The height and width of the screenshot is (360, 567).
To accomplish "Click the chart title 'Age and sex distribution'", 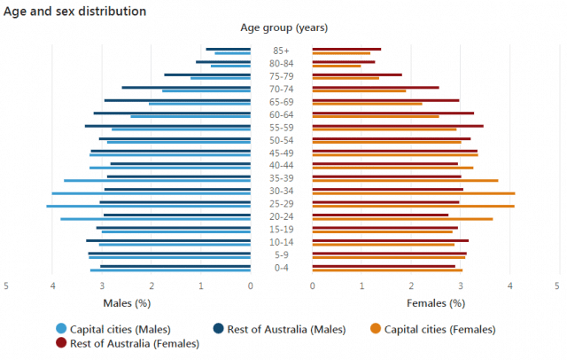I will pos(75,12).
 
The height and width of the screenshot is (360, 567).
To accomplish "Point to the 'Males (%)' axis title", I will pos(127,303).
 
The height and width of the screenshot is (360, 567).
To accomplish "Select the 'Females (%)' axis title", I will pos(436,303).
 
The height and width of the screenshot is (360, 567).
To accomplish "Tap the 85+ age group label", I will pos(282,51).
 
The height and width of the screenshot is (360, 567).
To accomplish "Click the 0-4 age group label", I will pos(282,268).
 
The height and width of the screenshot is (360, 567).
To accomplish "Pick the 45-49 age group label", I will pos(282,153).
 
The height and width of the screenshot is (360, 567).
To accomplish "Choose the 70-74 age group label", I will pos(282,89).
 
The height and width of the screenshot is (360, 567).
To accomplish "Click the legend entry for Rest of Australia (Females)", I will pos(121,343).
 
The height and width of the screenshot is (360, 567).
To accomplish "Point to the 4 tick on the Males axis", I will pos(52,286).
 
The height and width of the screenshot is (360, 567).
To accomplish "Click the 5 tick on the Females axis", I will pos(557,286).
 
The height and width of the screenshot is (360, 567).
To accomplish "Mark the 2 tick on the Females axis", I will pos(411,286).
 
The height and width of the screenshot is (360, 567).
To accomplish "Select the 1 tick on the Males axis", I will pos(201,286).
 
